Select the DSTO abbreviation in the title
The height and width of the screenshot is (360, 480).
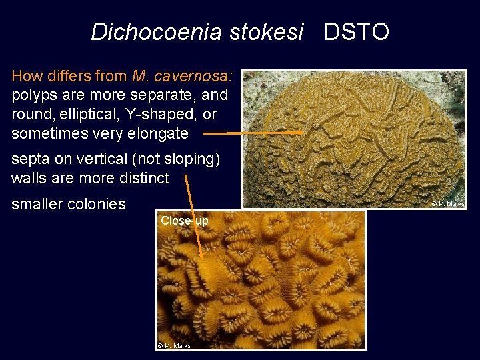[357, 31]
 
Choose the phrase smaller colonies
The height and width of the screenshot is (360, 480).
[69, 204]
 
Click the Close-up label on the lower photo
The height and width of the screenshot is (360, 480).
[184, 221]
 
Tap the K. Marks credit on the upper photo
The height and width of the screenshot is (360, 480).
[448, 204]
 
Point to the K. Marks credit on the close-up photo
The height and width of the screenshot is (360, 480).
[175, 345]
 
